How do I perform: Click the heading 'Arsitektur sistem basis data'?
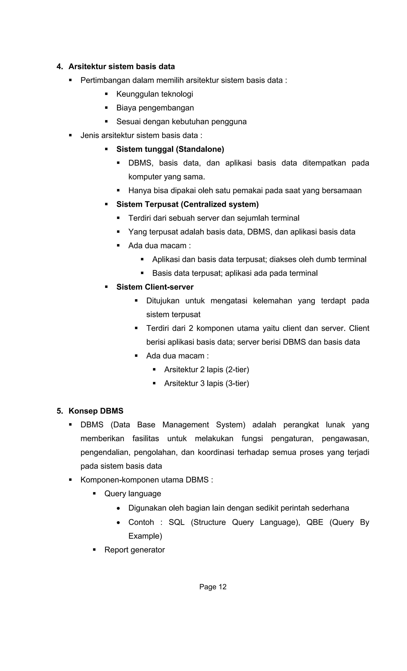pyautogui.click(x=121, y=66)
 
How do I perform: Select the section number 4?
pyautogui.click(x=59, y=66)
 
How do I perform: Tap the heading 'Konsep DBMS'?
pyautogui.click(x=96, y=411)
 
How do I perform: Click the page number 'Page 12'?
pyautogui.click(x=213, y=587)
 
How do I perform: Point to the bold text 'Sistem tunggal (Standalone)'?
pyautogui.click(x=170, y=149)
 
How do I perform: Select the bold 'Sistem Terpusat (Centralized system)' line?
pyautogui.click(x=187, y=204)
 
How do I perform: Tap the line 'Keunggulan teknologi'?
pyautogui.click(x=155, y=94)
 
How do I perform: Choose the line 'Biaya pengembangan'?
pyautogui.click(x=155, y=108)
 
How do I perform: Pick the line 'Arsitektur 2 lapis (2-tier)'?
pyautogui.click(x=206, y=370)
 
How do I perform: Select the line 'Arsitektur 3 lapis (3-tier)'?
pyautogui.click(x=206, y=383)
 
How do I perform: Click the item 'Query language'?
pyautogui.click(x=133, y=494)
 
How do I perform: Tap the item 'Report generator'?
pyautogui.click(x=134, y=550)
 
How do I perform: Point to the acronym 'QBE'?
pyautogui.click(x=315, y=522)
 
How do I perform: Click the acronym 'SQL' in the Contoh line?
pyautogui.click(x=176, y=522)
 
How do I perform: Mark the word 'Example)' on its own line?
pyautogui.click(x=145, y=536)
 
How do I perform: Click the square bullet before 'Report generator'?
pyautogui.click(x=94, y=549)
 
